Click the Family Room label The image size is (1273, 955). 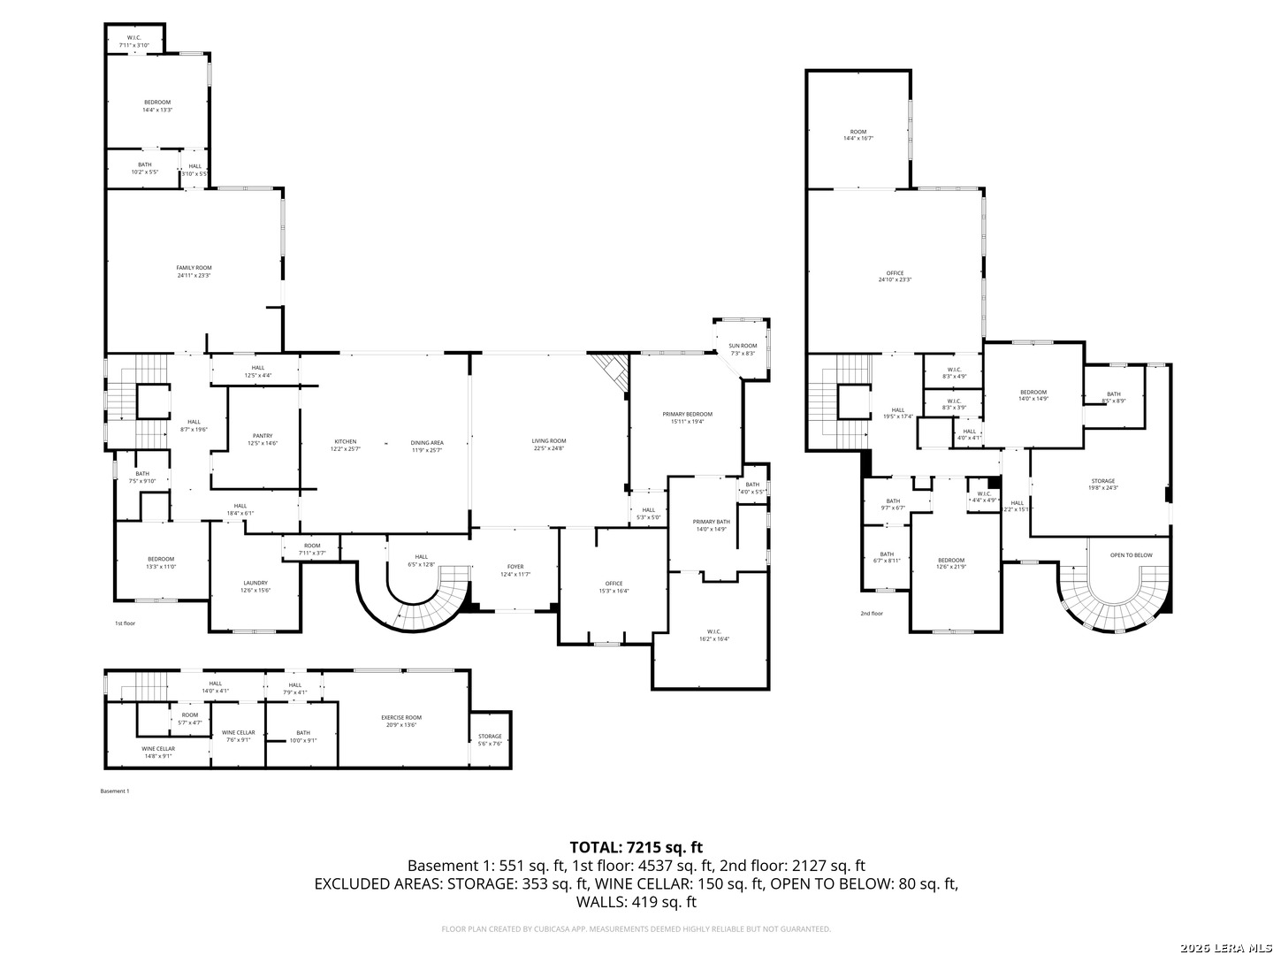point(194,271)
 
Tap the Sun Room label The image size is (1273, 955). point(743,349)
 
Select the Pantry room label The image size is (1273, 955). point(263,439)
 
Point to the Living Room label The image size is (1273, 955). point(548,445)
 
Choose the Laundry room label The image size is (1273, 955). point(255,586)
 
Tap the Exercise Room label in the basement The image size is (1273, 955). point(401,721)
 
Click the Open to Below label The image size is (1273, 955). point(1131,555)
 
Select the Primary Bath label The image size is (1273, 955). point(711,525)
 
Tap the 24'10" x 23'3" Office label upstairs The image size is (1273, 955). point(895,276)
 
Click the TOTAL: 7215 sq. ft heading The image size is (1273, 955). point(636,847)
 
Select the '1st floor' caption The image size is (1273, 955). point(125,623)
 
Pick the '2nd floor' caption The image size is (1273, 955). point(871,613)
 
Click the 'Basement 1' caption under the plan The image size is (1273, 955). point(115,791)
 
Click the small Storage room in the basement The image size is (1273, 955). point(490,739)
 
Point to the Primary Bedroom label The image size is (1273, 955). point(687,417)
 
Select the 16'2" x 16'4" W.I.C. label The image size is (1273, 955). point(714,635)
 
